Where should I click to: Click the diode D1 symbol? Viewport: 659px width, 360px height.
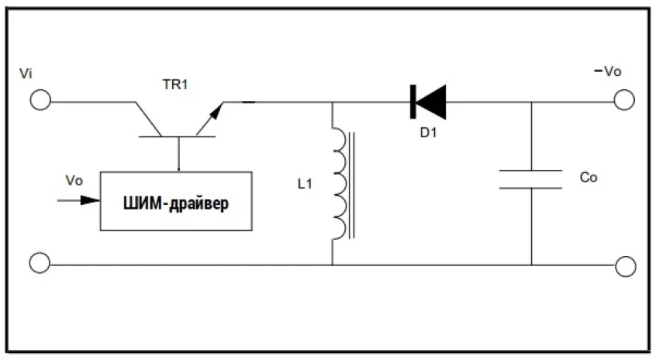click(x=427, y=101)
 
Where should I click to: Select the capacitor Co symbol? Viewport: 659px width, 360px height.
click(x=531, y=178)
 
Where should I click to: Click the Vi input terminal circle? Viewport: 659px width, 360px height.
click(x=40, y=101)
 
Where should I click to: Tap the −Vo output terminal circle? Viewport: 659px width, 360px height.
click(x=625, y=101)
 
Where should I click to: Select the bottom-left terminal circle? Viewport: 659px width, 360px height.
click(x=40, y=264)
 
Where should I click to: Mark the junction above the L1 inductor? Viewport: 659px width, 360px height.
click(x=332, y=102)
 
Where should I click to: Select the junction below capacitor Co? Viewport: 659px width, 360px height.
click(x=532, y=265)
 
